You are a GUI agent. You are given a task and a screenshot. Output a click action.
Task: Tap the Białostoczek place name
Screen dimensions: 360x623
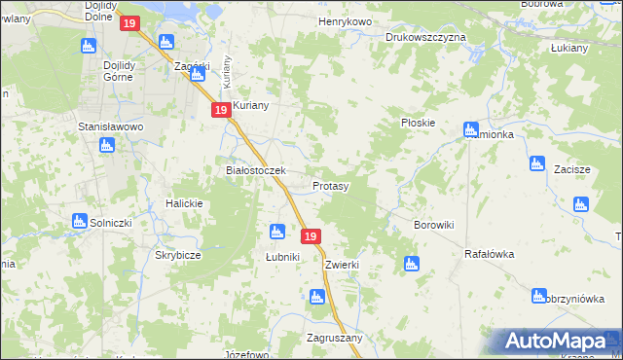(254, 170)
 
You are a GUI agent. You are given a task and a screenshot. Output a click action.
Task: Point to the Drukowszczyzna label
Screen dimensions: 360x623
(425, 37)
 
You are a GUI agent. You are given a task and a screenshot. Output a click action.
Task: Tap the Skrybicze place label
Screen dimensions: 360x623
(178, 255)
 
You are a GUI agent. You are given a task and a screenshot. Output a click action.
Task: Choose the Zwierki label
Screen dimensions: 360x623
(344, 265)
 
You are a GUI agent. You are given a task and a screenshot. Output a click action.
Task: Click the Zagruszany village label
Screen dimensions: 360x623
(334, 338)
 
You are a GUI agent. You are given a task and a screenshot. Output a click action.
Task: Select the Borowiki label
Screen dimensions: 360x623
(434, 225)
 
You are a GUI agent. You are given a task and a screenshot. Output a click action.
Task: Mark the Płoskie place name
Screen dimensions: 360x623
(418, 124)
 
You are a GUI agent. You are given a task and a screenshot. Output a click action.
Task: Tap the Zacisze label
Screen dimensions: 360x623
(572, 169)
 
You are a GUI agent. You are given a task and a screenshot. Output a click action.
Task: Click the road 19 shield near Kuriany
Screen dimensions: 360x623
(221, 111)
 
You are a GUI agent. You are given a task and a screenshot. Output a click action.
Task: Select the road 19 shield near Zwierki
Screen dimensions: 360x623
(311, 236)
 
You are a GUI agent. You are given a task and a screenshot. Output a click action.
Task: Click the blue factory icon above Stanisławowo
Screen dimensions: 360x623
(107, 145)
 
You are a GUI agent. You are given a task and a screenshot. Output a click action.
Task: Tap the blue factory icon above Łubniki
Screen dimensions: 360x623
(276, 232)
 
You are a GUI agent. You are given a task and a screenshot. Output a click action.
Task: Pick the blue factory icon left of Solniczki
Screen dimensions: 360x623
(80, 222)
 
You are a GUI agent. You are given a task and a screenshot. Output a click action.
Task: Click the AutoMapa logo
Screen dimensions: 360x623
(555, 342)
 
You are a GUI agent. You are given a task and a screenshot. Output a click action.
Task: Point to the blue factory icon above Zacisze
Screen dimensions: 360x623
(535, 163)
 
